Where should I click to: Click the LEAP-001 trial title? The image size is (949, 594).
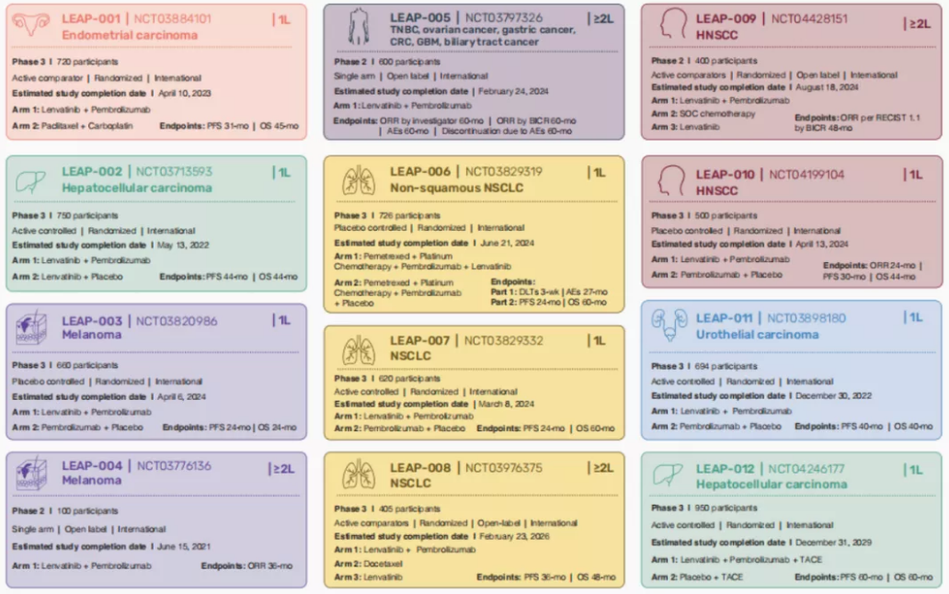pos(92,18)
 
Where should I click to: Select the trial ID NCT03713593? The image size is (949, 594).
pos(175,171)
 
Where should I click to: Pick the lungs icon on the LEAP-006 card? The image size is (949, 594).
pos(358,180)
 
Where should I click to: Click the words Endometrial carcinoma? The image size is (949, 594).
pos(130,35)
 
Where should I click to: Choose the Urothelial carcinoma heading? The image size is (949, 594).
pos(757,335)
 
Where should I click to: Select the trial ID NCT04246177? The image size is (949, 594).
pos(806,469)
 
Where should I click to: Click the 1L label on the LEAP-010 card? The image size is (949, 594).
pos(914,175)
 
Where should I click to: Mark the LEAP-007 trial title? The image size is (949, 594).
pos(420,341)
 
